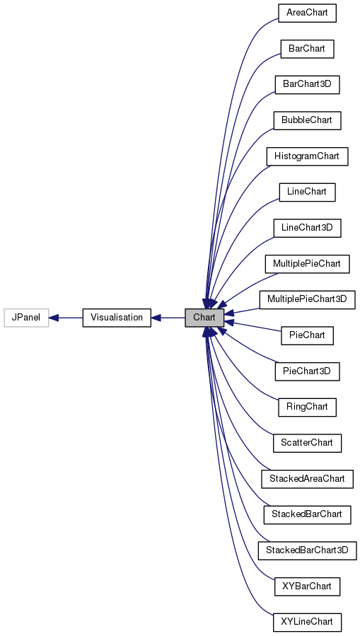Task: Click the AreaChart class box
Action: click(x=306, y=13)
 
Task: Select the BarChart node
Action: click(x=306, y=49)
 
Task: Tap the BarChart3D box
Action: click(x=307, y=85)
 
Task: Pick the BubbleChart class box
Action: click(x=307, y=120)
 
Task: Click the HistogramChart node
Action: click(x=307, y=156)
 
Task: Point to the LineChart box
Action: click(x=306, y=192)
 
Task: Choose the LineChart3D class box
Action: click(x=307, y=228)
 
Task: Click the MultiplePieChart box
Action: click(x=307, y=264)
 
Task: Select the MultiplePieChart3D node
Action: click(x=307, y=299)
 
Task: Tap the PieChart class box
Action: click(x=306, y=335)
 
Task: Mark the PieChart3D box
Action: click(x=307, y=371)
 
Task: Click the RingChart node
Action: click(x=306, y=407)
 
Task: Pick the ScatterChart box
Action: click(x=307, y=443)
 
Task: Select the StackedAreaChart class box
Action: click(x=307, y=479)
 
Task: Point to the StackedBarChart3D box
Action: click(x=307, y=550)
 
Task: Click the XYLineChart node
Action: click(x=307, y=622)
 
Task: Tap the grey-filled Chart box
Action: click(x=204, y=318)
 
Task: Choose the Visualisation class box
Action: click(x=117, y=318)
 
